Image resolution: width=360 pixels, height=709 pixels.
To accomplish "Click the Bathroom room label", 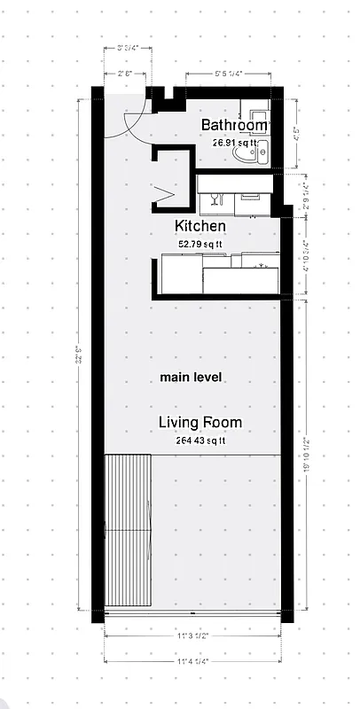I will coord(234,125).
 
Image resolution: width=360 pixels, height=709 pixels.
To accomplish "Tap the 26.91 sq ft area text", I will coord(235,142).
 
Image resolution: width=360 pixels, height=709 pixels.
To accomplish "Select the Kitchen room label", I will coord(200,226).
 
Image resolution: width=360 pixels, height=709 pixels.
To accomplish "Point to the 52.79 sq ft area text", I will coord(200,243).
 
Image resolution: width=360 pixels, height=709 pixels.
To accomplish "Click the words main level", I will coord(191,378).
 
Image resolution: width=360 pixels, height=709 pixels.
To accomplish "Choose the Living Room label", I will coord(200,422).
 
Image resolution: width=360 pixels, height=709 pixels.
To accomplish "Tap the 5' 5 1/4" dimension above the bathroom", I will coord(231,74).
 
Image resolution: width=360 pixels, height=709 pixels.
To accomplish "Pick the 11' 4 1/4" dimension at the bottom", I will coord(198,660).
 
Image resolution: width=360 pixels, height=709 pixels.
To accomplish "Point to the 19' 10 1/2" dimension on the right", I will coord(306,456).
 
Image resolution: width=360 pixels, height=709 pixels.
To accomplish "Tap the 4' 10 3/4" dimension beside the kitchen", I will coord(306,256).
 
